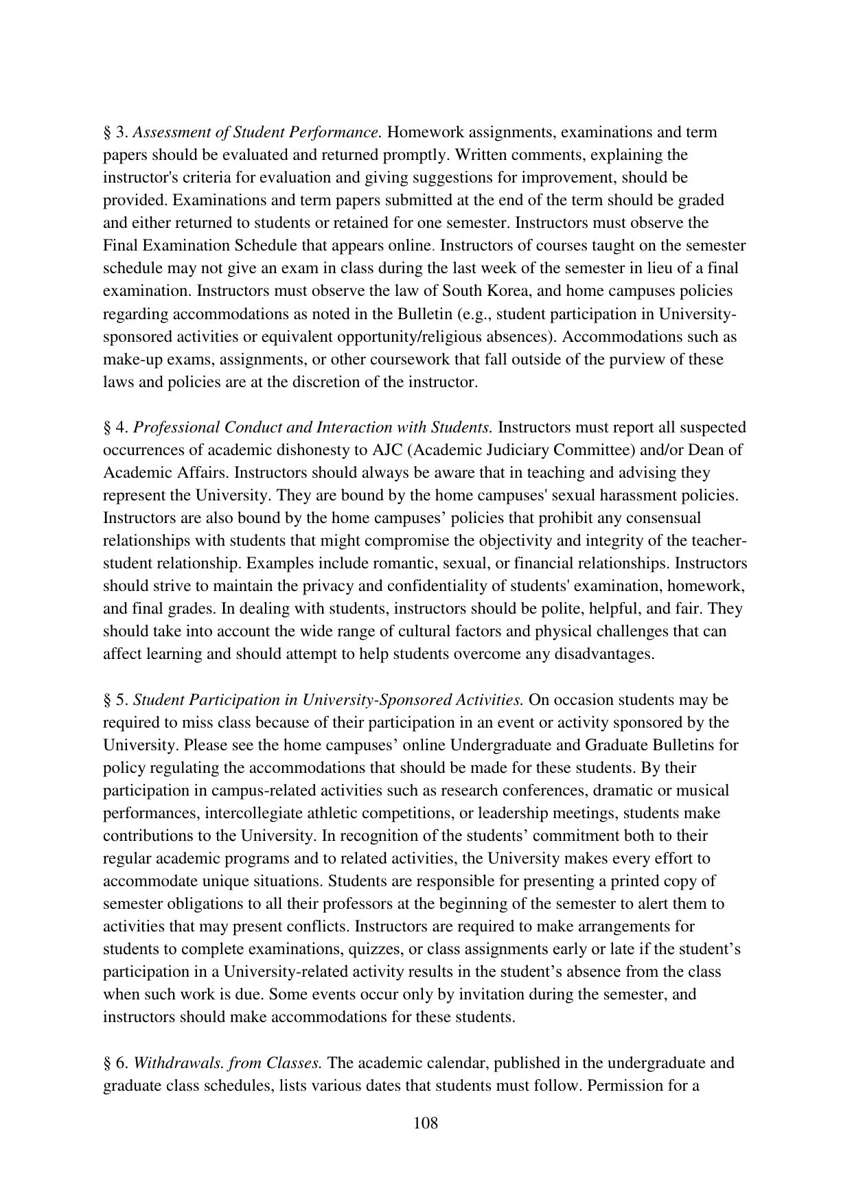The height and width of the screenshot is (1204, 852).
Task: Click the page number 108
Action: click(426, 1124)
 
